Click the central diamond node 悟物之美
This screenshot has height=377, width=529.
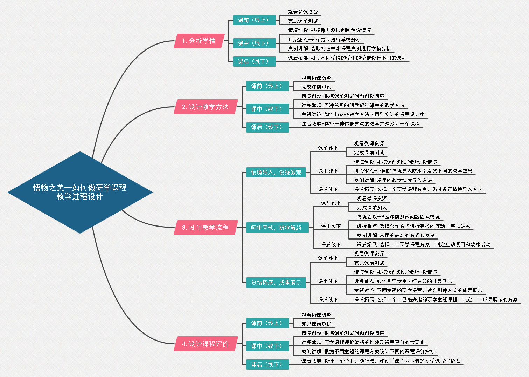point(80,192)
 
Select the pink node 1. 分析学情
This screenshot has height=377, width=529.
point(199,41)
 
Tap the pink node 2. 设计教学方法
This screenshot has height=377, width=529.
point(205,107)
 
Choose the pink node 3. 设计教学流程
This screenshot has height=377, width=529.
point(205,228)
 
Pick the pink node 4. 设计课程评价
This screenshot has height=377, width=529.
point(205,344)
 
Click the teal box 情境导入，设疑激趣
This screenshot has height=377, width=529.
point(276,172)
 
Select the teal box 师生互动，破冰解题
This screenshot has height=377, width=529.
point(276,228)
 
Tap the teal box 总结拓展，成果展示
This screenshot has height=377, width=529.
point(276,282)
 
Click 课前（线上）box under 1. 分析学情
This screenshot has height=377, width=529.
point(254,20)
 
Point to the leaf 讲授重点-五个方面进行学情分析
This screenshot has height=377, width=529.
point(324,40)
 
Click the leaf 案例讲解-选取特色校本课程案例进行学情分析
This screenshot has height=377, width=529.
point(339,49)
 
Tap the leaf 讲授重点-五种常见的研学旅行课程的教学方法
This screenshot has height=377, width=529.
point(353,105)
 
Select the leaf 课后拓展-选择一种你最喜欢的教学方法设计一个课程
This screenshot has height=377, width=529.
point(361,124)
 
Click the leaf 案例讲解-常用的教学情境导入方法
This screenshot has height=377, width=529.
point(393,180)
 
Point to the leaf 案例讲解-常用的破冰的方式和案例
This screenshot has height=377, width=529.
point(396,235)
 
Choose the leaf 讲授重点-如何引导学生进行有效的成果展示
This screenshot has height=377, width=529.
point(403,281)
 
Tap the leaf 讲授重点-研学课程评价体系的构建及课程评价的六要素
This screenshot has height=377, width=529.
point(363,342)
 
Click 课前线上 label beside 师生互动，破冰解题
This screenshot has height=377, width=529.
point(331,203)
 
